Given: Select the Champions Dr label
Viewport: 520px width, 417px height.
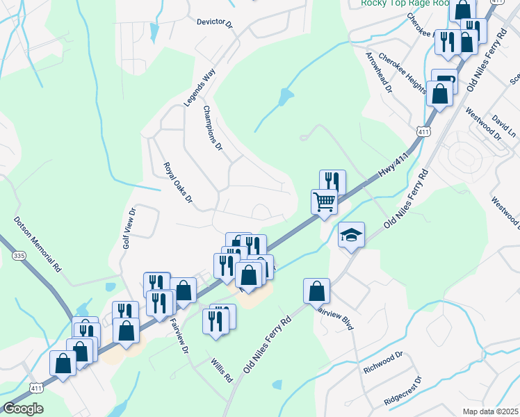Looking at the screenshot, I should [x=213, y=129].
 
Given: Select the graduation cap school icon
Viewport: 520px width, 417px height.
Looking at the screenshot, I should [x=351, y=235].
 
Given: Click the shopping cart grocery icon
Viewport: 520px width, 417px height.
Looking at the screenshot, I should [x=324, y=202].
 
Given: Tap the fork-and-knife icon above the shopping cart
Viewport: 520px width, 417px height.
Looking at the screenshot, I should [x=332, y=181].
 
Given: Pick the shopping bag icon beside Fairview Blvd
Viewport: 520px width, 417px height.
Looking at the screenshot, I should [x=316, y=290].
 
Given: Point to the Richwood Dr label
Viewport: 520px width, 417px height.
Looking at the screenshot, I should [x=382, y=363].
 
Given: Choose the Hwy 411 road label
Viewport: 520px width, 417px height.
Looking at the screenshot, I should [x=392, y=165].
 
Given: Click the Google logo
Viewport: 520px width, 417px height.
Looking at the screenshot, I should [x=23, y=409].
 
